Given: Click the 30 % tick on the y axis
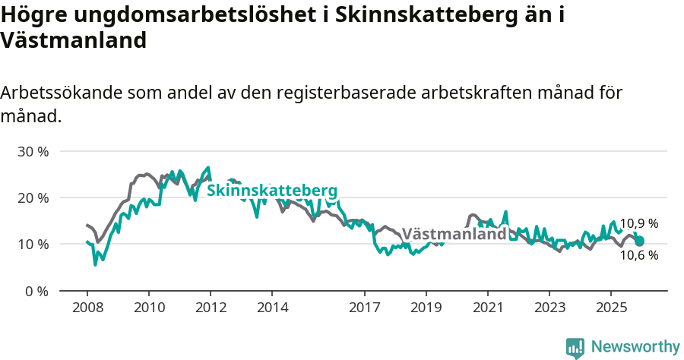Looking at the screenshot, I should pyautogui.click(x=33, y=151).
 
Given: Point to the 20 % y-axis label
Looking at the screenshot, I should pyautogui.click(x=33, y=197).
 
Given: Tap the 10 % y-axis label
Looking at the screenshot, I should pyautogui.click(x=33, y=245).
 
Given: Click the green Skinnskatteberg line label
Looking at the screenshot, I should pyautogui.click(x=271, y=190).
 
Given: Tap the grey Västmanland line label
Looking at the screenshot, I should pyautogui.click(x=454, y=234).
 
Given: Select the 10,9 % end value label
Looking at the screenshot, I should pyautogui.click(x=638, y=224).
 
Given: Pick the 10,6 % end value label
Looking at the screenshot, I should pyautogui.click(x=638, y=255).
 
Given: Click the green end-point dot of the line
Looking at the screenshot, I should pyautogui.click(x=639, y=241).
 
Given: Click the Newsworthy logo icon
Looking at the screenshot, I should pyautogui.click(x=575, y=348).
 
